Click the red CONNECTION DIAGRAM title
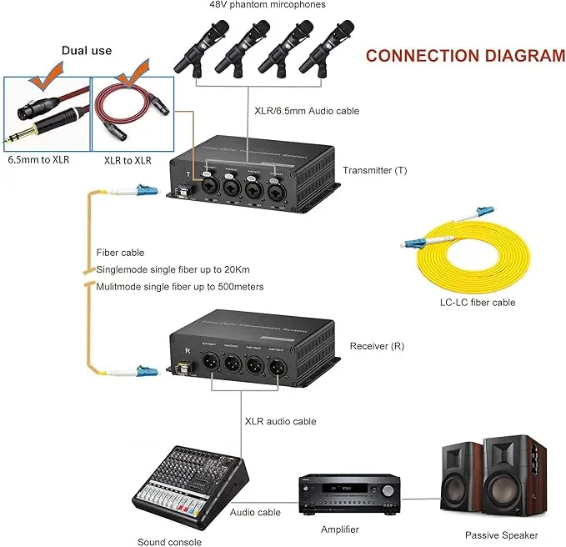click(x=465, y=56)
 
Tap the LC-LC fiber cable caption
click(x=478, y=303)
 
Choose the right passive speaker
click(x=513, y=479)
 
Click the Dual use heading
click(x=86, y=51)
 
